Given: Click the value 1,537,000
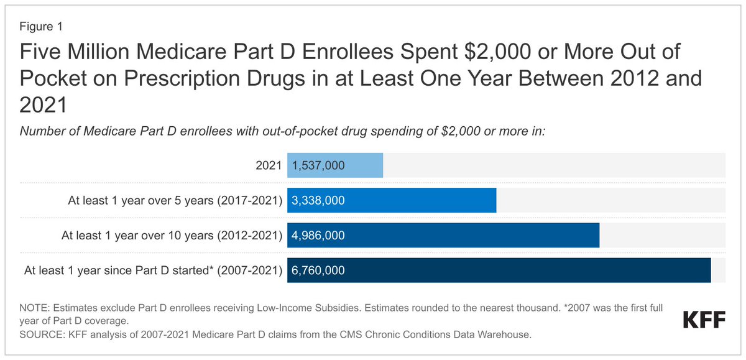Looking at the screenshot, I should tap(318, 166).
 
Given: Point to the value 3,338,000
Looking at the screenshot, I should tap(318, 201).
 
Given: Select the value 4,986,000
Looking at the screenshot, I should tap(318, 236).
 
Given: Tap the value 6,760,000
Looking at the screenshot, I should tap(318, 270).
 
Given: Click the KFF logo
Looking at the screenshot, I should tap(704, 320).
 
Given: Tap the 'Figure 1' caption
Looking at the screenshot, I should tap(40, 27).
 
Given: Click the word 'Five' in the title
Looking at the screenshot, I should tap(42, 52).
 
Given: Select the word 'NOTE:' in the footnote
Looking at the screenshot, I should tap(35, 307).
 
